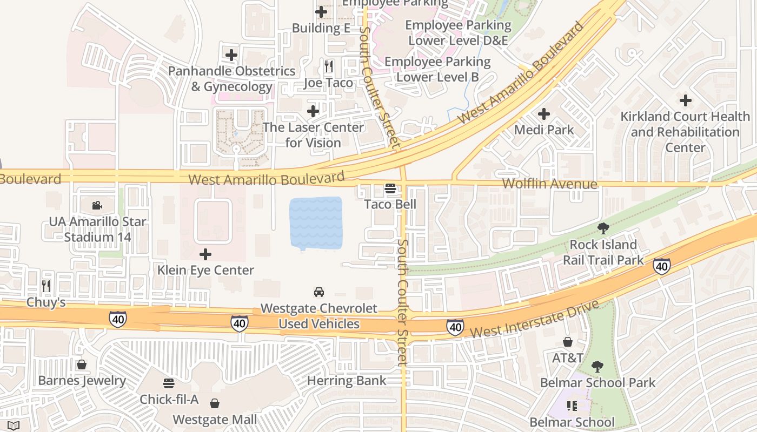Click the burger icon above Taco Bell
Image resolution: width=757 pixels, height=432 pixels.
click(390, 188)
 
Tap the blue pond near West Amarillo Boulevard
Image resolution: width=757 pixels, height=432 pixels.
click(316, 223)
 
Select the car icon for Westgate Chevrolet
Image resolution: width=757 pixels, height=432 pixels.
click(319, 292)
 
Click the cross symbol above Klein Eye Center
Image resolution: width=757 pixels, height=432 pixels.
click(205, 254)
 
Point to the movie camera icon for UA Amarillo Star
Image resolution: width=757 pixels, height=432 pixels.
click(97, 205)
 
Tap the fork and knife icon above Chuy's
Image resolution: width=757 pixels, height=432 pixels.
click(46, 286)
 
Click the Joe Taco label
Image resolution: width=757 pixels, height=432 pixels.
click(328, 83)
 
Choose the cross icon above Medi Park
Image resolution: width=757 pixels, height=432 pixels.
click(544, 114)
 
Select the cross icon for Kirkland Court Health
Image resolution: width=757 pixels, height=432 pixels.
click(686, 100)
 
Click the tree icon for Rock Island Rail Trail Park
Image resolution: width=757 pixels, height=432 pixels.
click(603, 228)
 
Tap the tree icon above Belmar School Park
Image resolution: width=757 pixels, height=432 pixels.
click(597, 367)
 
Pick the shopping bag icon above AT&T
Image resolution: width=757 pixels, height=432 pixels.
click(568, 342)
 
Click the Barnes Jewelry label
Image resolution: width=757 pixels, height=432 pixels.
click(82, 380)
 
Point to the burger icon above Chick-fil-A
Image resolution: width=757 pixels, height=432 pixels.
click(169, 383)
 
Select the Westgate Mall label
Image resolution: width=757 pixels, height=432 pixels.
click(215, 419)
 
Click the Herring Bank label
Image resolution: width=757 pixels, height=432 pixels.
click(347, 380)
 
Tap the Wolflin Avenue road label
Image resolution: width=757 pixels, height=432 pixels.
click(549, 184)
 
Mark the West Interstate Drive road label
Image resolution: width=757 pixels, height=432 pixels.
click(535, 319)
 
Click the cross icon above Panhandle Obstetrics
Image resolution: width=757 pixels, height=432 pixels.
click(231, 55)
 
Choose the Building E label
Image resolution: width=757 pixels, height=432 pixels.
click(321, 28)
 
